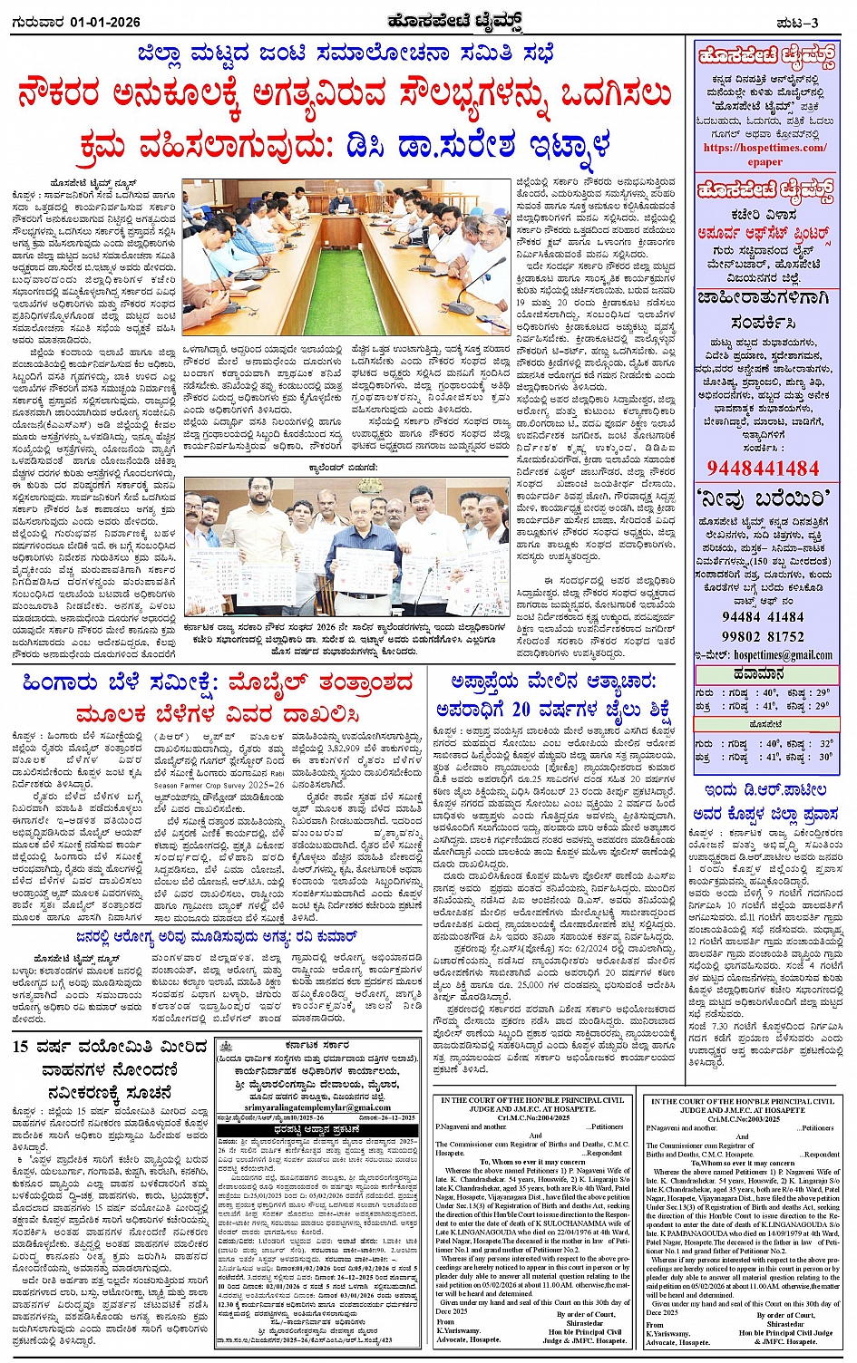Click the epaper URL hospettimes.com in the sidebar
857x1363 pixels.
tap(764, 148)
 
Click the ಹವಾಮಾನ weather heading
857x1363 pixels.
tap(764, 674)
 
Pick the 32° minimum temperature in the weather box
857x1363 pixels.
tap(823, 743)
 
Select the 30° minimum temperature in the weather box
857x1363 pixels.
tap(823, 757)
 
